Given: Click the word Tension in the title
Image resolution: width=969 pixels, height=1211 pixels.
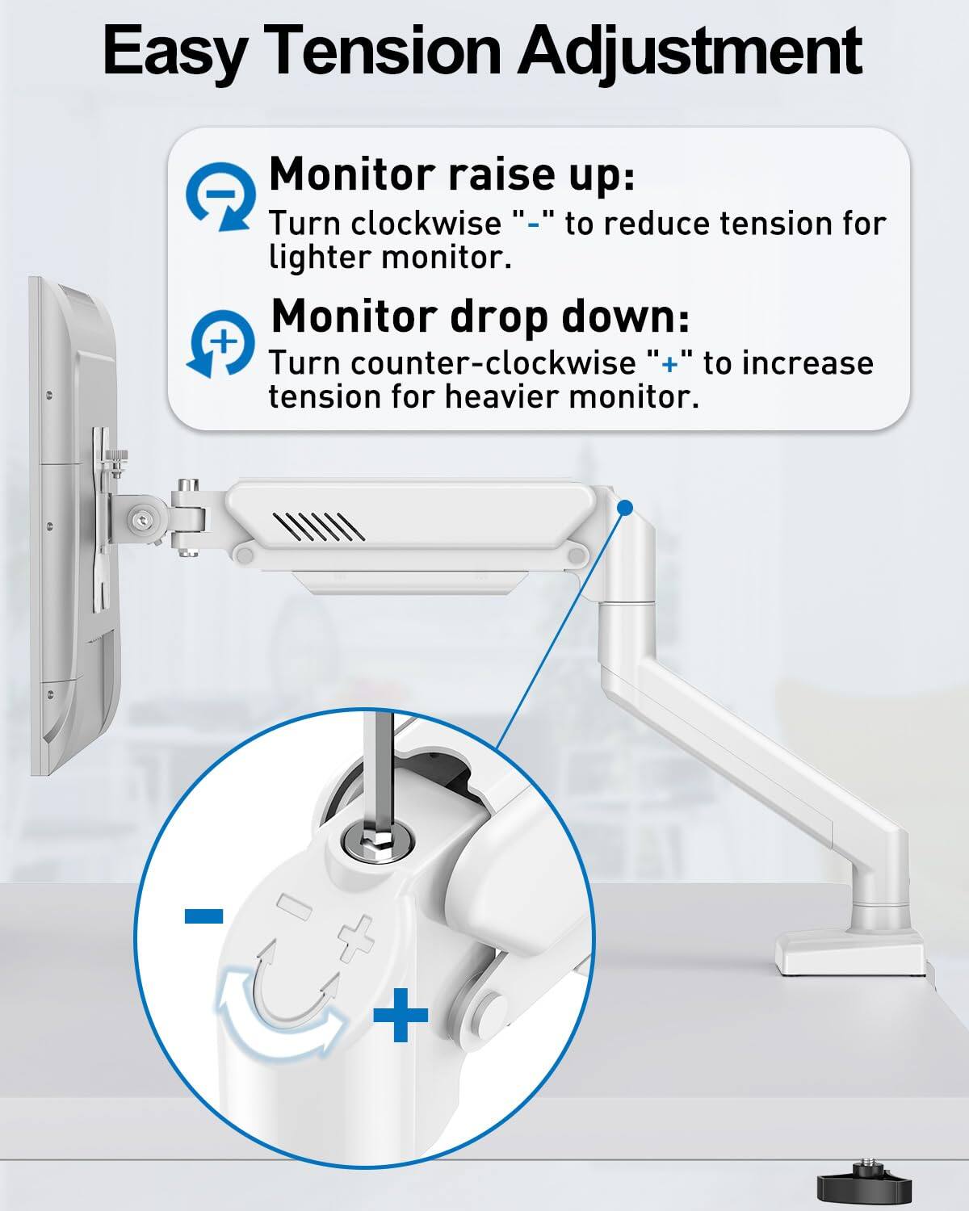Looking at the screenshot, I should click(x=384, y=50).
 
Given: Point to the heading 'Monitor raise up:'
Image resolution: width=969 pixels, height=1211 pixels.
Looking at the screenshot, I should click(x=451, y=174).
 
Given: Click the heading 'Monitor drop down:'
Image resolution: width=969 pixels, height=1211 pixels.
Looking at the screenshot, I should click(x=480, y=316).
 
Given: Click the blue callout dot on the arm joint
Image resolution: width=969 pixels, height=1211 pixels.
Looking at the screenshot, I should click(x=625, y=507).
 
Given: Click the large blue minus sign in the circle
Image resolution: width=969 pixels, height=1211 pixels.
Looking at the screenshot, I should click(x=203, y=915).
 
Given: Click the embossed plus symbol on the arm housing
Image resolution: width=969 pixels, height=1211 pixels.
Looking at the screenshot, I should click(x=357, y=938).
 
